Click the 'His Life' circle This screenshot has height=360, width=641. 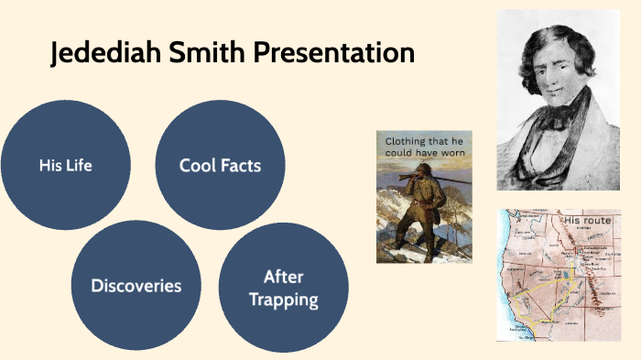[65, 166]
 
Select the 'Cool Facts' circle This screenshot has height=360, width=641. [220, 166]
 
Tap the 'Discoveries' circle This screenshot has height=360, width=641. [136, 286]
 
